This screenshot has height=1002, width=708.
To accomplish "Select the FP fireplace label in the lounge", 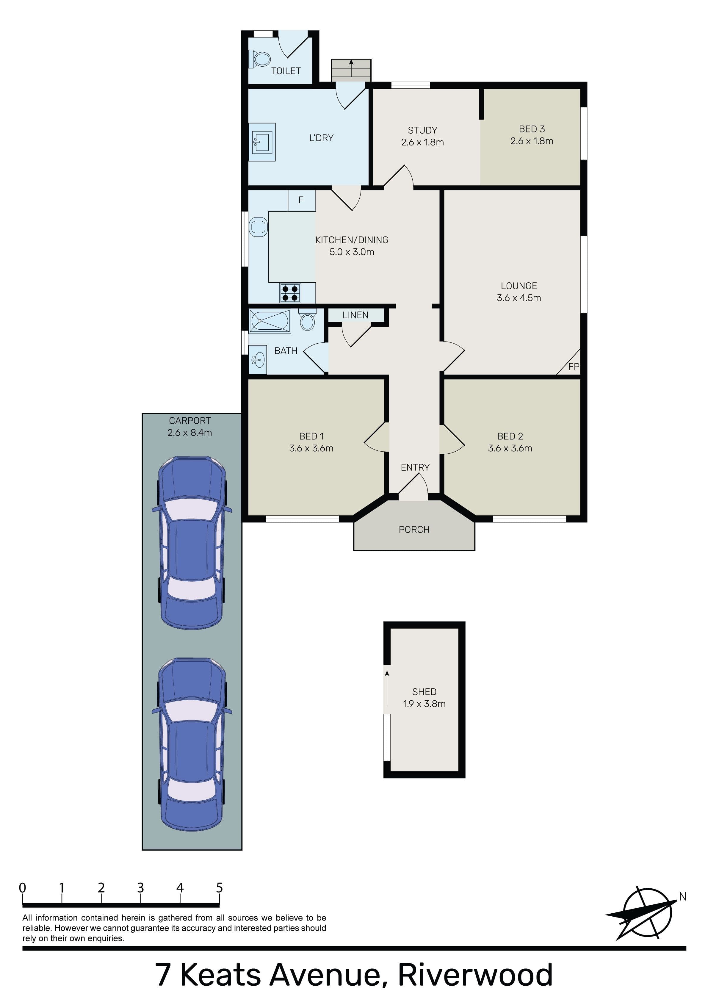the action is pos(574,367).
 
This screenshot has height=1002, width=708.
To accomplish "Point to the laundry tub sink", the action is pos(262,142).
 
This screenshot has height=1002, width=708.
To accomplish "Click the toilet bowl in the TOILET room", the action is pos(260,59).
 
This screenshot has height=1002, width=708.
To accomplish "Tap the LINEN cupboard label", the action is pos(355,315).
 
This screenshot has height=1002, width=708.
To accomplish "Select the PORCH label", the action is pos(414,529).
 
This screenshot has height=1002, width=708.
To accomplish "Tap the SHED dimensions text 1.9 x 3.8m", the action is pos(424,704).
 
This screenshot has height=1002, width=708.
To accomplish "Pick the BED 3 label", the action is pos(532,129).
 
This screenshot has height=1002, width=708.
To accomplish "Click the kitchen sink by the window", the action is pos(258,227).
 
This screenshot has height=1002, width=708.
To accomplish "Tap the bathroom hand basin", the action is pos(258,360).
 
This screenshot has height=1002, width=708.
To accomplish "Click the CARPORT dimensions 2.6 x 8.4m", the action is pos(190,433).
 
